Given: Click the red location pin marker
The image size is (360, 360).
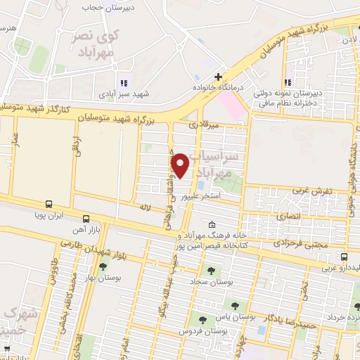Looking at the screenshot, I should coord(181,165).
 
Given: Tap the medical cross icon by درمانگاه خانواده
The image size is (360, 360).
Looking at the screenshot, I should coord(219,77).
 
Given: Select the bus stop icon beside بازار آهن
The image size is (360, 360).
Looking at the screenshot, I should coord(86,218).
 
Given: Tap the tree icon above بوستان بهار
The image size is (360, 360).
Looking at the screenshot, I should coord(103,266).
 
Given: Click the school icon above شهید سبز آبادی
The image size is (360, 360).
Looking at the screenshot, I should coord(124,82).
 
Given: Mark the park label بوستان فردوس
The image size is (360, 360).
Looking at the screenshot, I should coord(195,330).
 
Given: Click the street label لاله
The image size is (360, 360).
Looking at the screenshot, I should coord(146,208).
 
